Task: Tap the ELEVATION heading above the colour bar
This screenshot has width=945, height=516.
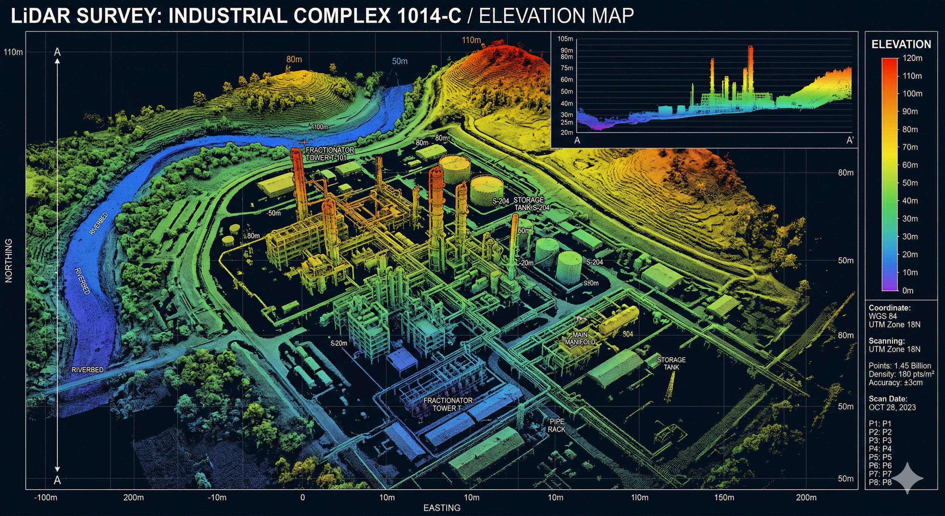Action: tap(901, 45)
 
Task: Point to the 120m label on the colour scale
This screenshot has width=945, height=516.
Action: tap(912, 58)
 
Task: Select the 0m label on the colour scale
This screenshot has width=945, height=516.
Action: tap(908, 291)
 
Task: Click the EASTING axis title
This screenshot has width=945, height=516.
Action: tap(442, 508)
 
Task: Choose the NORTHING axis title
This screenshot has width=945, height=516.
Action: tap(9, 261)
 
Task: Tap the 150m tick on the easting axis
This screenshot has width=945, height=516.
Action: tap(724, 497)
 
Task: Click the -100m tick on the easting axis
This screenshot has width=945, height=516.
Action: tap(46, 497)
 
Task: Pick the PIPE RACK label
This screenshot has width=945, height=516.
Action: tap(557, 425)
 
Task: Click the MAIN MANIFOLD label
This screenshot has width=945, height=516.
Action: tap(580, 338)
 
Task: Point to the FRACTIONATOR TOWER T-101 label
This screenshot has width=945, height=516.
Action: tap(330, 154)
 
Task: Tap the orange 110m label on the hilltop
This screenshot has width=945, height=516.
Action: tap(471, 40)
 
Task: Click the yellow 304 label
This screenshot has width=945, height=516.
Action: tap(628, 334)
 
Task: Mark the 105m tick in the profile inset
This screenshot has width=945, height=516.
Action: tap(565, 39)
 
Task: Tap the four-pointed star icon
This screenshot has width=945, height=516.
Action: tap(908, 478)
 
